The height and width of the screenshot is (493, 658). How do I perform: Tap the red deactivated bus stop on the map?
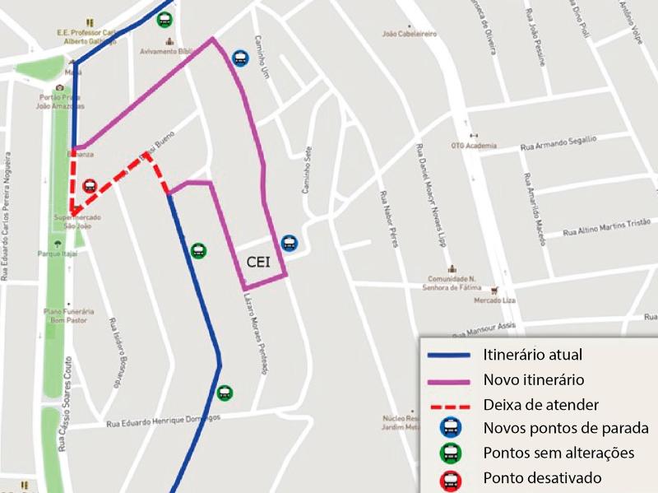[90, 186]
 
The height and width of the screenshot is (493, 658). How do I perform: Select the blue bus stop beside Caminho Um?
[239, 58]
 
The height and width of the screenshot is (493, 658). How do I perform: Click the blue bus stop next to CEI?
[289, 243]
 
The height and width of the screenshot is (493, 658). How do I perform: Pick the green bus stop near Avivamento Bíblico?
[164, 19]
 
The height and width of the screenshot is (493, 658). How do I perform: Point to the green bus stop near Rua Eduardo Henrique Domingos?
[225, 393]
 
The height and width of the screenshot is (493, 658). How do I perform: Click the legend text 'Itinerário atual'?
[532, 356]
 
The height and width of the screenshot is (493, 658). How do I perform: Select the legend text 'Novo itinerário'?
[533, 380]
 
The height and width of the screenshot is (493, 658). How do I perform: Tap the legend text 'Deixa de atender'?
[540, 405]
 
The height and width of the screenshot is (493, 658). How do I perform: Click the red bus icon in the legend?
[451, 478]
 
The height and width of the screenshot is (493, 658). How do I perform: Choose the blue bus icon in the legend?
[451, 428]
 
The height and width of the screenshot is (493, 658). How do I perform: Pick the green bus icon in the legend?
[451, 453]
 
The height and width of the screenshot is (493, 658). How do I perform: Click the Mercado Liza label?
[496, 300]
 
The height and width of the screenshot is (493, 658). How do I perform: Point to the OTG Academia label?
[474, 146]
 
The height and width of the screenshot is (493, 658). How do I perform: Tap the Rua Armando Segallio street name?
[558, 144]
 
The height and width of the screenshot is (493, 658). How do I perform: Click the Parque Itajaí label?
[57, 254]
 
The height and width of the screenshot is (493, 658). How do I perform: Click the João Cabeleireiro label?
[410, 34]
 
